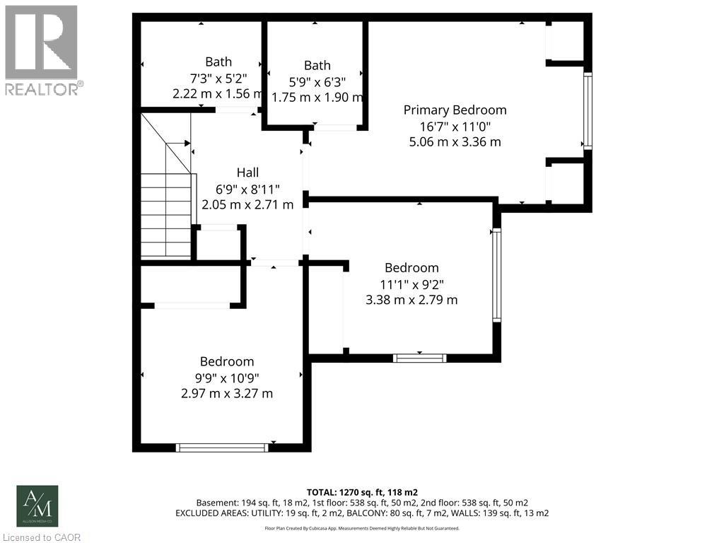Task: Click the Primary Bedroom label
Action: tap(455, 110)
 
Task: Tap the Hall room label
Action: tap(247, 173)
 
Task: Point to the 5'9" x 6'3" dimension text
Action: tap(317, 81)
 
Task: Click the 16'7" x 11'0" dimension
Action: tap(455, 126)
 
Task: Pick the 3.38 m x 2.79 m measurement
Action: tap(411, 300)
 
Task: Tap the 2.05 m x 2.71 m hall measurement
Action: tap(247, 205)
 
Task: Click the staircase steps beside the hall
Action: tap(166, 212)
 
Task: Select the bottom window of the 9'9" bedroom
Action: tap(222, 447)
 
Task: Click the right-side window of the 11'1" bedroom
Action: tap(496, 274)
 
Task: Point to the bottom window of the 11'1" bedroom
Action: tap(419, 358)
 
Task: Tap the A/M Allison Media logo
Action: tap(37, 506)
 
